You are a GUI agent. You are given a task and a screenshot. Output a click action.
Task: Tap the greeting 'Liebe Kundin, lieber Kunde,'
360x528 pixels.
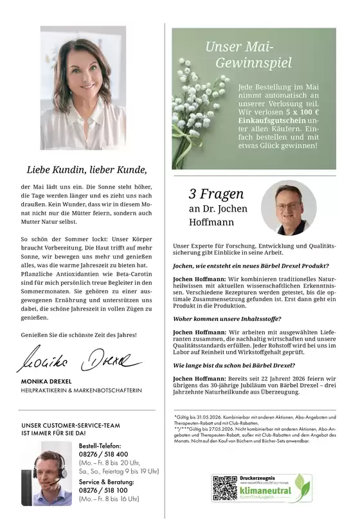[87, 170]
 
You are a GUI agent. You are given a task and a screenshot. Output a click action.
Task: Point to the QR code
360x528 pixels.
[225, 488]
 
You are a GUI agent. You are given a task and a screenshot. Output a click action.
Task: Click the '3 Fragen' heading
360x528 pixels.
[216, 194]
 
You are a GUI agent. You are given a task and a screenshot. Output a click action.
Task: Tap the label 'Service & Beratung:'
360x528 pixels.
[106, 481]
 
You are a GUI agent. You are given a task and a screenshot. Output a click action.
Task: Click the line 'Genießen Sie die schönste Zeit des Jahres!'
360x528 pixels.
[79, 335]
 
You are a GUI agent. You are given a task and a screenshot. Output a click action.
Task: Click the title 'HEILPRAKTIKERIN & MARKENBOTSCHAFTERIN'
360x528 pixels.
[81, 391]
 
